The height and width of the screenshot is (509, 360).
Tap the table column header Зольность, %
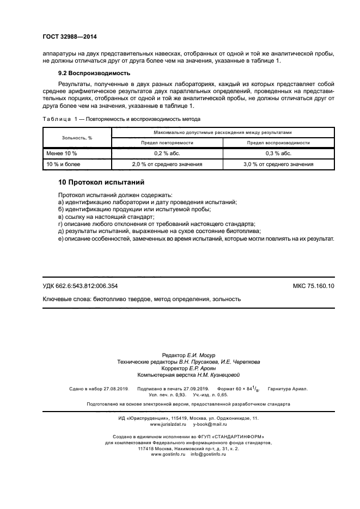click(77, 138)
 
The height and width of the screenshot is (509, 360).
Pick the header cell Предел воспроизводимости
click(278, 143)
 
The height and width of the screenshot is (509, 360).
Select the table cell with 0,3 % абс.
click(278, 153)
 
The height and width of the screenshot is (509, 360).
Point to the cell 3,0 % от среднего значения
click(278, 164)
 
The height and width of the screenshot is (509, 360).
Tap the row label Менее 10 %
click(62, 153)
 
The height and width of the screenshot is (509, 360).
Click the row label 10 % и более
click(64, 164)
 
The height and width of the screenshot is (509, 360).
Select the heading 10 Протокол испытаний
click(101, 182)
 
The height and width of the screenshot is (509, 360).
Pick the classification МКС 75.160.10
click(314, 286)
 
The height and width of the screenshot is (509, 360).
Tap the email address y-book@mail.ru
click(210, 424)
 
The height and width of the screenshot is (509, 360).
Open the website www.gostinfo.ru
click(166, 454)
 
